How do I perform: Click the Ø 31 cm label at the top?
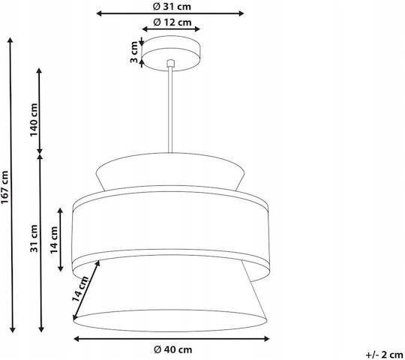coord(172,7)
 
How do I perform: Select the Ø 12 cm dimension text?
coord(172,22)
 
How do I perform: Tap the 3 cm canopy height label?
coord(134,52)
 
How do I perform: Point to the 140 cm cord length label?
coord(34,120)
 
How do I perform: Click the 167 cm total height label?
coord(5,187)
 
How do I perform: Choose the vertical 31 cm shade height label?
coord(34,238)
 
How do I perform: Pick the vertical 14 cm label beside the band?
coord(54,240)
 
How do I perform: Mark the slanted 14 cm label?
coord(80,289)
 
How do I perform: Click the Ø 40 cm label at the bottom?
coord(172,349)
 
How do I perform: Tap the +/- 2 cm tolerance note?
coord(384,355)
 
